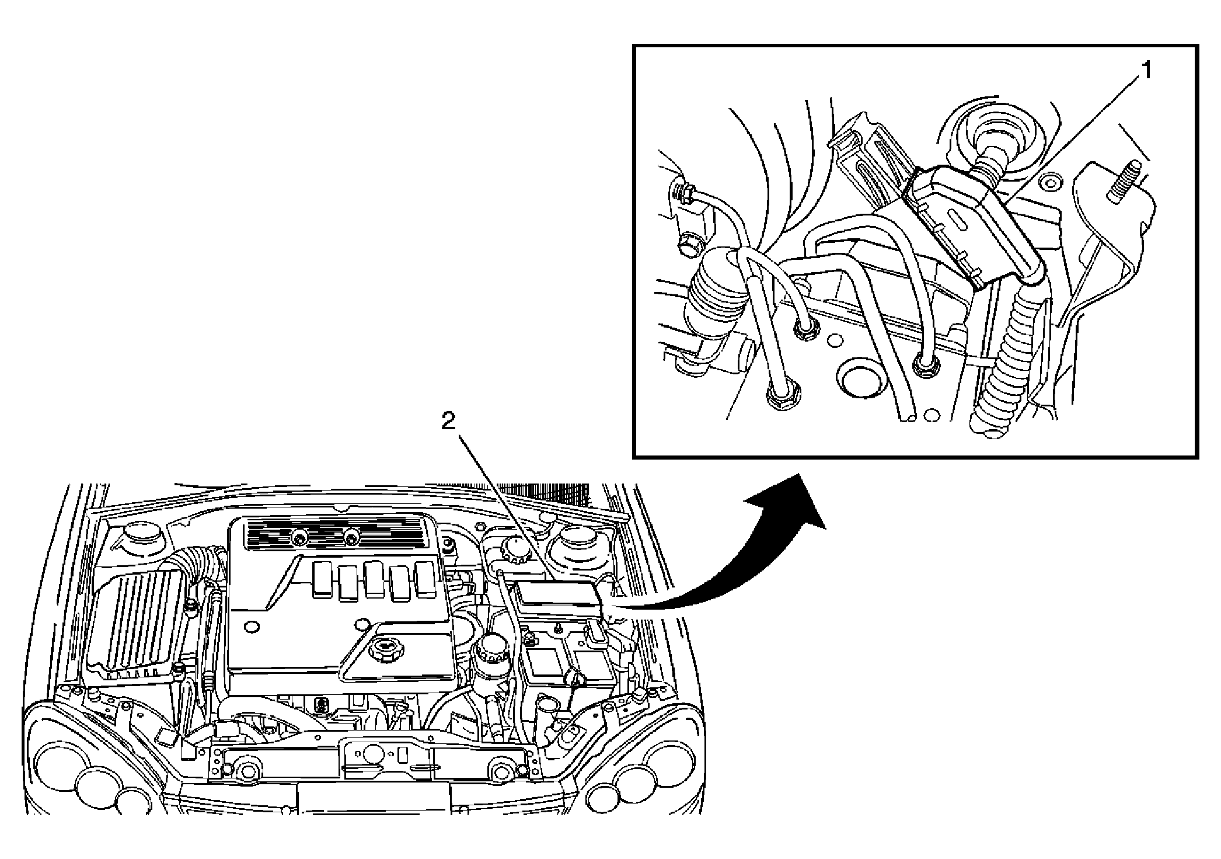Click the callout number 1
click(x=1146, y=71)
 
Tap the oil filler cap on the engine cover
click(x=383, y=647)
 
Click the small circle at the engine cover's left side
click(x=252, y=626)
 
